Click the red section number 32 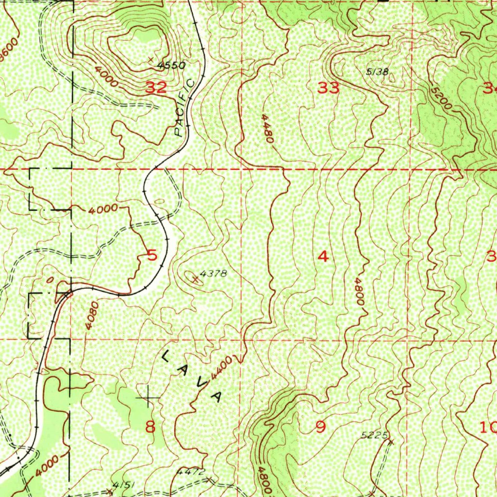156,88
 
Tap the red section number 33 329,88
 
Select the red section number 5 152,255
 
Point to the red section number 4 323,257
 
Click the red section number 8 151,427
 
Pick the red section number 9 320,427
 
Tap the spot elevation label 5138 377,72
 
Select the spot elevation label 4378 214,274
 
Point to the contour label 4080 92,316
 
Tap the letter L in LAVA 166,357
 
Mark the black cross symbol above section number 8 148,398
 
